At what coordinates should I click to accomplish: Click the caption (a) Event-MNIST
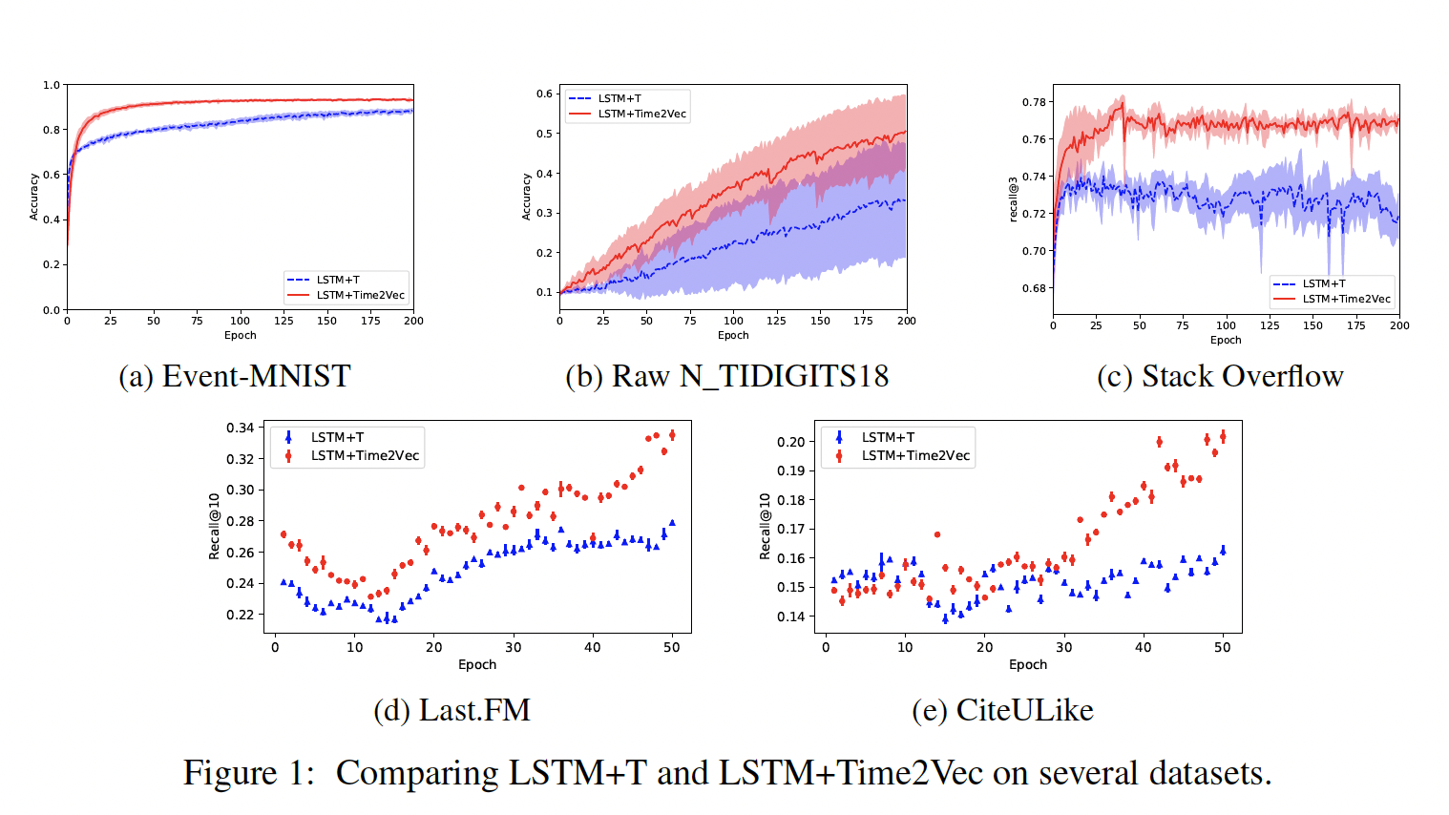(235, 376)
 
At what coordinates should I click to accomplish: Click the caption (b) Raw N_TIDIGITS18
(726, 376)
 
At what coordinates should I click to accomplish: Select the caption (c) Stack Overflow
(1220, 376)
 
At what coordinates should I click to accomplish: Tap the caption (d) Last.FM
(451, 710)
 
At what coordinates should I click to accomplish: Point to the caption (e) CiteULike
(1002, 710)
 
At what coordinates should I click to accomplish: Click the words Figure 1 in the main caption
(248, 773)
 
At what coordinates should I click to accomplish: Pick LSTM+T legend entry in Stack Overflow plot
(1324, 283)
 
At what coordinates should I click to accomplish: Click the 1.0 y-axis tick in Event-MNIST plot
(52, 85)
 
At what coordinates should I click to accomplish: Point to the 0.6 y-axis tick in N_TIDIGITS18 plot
(544, 94)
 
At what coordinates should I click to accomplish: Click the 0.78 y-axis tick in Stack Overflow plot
(1034, 102)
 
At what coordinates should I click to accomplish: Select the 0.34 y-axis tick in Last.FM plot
(241, 428)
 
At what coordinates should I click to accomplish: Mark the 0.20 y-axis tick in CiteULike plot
(790, 442)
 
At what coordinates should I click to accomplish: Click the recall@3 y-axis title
(1014, 199)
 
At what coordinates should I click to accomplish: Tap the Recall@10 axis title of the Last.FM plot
(214, 526)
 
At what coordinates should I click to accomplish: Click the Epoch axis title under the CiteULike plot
(1027, 664)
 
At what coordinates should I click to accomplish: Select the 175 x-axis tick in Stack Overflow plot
(1355, 325)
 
